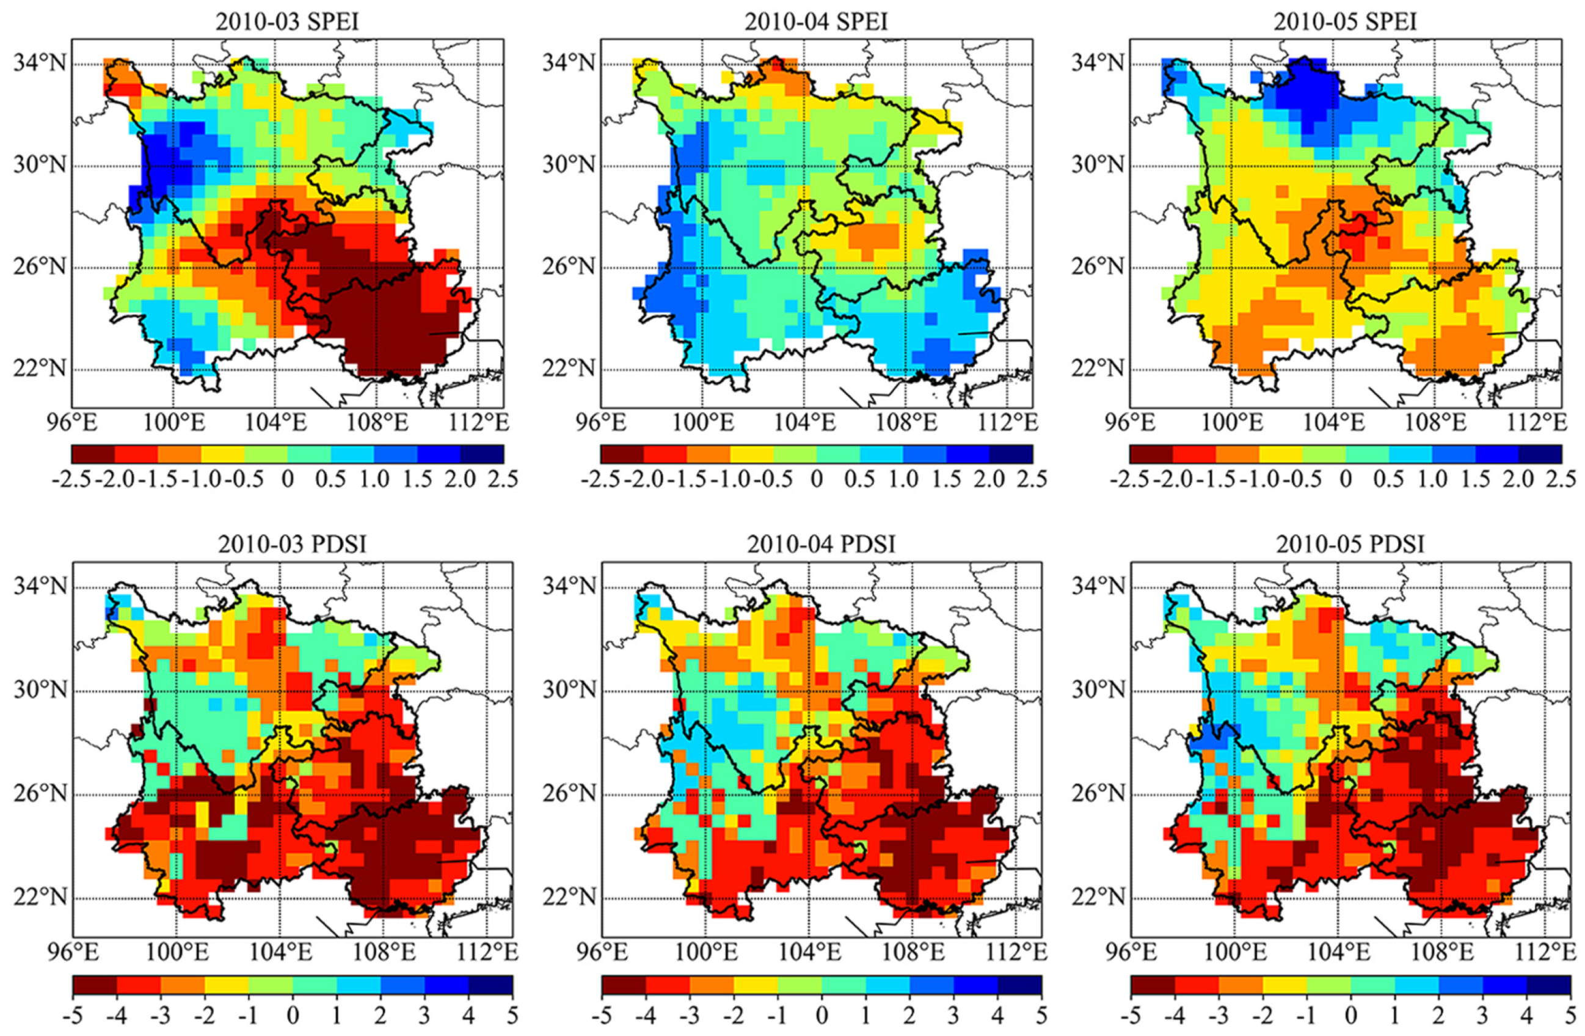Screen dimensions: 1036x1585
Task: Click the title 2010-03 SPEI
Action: pos(287,22)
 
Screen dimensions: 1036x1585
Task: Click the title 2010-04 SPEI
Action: pos(816,22)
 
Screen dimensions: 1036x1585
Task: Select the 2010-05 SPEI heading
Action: pos(1345,22)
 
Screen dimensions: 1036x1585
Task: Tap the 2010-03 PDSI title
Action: pos(292,545)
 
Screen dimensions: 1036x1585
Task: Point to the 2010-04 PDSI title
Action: pos(820,545)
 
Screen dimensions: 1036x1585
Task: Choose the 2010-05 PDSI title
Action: pos(1350,545)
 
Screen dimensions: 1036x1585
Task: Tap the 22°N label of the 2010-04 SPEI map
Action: pos(568,368)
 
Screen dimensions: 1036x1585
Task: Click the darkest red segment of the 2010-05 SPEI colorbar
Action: pos(1151,454)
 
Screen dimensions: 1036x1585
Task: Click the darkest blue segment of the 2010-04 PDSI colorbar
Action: pos(1019,985)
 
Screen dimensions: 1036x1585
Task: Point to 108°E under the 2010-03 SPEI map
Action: pos(382,422)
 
